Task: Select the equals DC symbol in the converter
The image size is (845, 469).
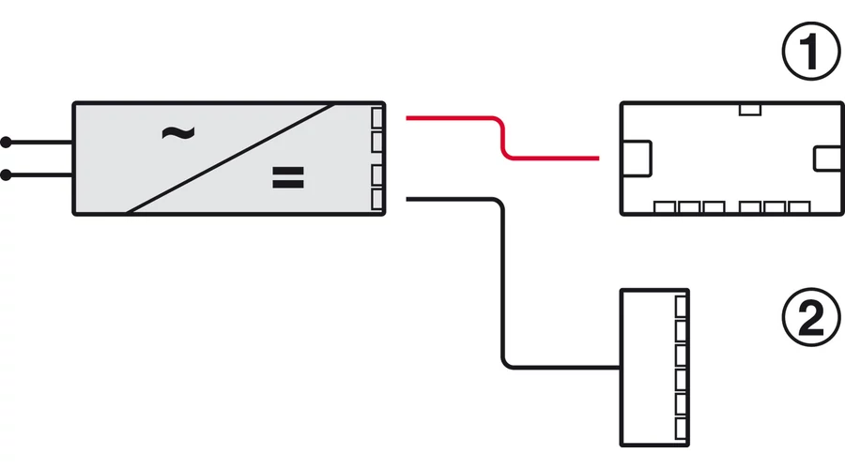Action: point(287,178)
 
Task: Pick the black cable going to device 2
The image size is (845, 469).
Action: point(503,281)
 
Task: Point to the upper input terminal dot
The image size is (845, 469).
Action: point(7,143)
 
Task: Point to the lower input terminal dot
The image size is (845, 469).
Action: point(7,174)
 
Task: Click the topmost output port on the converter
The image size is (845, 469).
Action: point(377,118)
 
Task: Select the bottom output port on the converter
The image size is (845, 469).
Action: point(377,199)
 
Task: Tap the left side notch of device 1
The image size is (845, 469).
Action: point(636,156)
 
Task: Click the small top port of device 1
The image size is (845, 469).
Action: point(749,110)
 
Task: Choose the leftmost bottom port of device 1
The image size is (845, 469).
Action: point(666,206)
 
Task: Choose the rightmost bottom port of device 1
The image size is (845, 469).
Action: point(798,206)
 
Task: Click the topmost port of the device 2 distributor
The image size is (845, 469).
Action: point(682,305)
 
